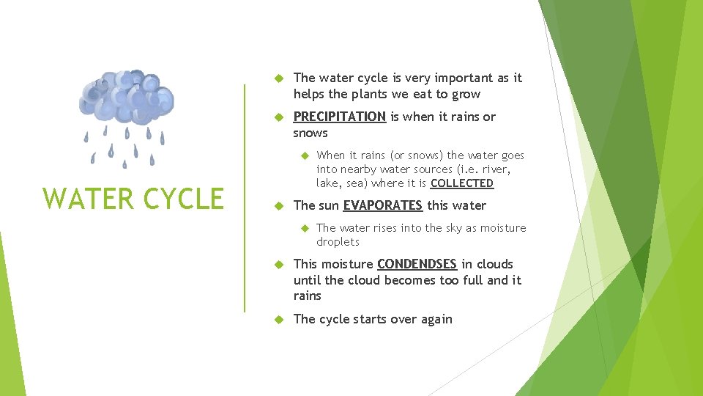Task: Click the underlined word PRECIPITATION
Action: pos(339,117)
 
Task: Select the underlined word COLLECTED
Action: pos(461,183)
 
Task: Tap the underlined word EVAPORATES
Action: pos(382,205)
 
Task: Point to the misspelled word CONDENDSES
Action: pos(417,264)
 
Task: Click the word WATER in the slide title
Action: pos(83,199)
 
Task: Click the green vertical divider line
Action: pos(245,198)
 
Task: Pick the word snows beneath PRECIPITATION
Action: pos(310,133)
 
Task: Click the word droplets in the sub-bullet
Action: pos(338,242)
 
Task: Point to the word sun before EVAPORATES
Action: pos(328,205)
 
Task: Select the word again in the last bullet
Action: pos(436,319)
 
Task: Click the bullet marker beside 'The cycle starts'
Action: pos(278,319)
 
